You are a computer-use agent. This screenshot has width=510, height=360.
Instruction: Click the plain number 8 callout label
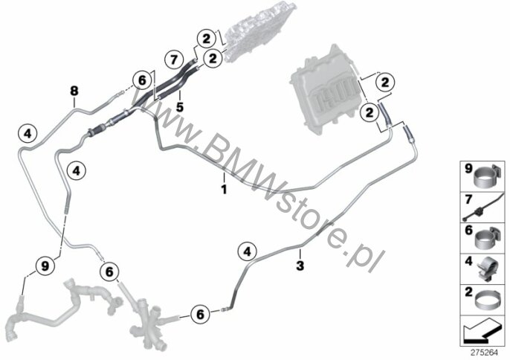[74, 91]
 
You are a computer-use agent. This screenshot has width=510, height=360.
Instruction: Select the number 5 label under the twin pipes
[178, 106]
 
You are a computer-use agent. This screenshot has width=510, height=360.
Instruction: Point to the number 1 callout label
[222, 178]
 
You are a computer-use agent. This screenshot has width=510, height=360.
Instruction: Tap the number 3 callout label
[300, 264]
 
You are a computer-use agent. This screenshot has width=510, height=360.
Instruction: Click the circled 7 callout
[173, 58]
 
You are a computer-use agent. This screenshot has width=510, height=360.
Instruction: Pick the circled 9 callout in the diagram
[44, 264]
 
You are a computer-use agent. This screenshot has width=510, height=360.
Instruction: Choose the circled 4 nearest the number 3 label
[246, 252]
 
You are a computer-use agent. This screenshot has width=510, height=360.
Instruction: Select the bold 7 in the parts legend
[468, 199]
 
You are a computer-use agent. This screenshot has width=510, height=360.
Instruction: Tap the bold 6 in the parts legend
[468, 231]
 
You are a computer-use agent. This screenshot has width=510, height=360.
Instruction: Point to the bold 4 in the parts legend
[468, 261]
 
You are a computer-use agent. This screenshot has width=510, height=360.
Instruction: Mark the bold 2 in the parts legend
[468, 294]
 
